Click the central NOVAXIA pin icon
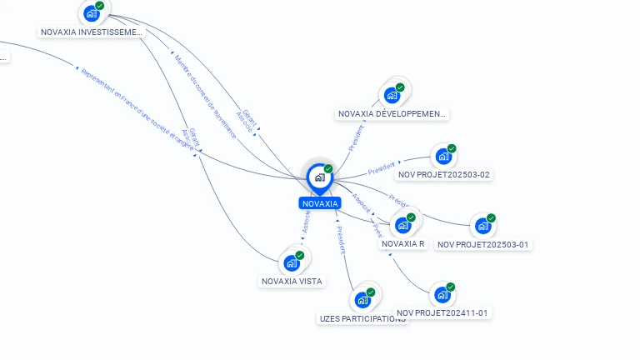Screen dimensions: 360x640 (x=319, y=177)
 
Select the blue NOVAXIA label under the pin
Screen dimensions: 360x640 (x=320, y=203)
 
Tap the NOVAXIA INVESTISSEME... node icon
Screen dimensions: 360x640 (x=91, y=13)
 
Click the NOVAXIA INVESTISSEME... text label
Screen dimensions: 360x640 (x=92, y=32)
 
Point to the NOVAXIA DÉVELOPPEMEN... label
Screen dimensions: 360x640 (x=392, y=113)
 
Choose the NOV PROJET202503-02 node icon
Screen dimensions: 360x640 (x=443, y=156)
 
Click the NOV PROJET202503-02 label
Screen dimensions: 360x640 (x=444, y=175)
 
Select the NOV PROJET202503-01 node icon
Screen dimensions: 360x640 (x=482, y=226)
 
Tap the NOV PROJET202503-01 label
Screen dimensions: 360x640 (x=483, y=245)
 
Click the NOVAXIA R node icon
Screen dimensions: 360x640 (x=403, y=225)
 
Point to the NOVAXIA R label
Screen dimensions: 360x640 (x=403, y=244)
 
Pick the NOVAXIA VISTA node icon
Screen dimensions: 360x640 (x=292, y=262)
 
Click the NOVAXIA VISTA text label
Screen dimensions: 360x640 (x=292, y=282)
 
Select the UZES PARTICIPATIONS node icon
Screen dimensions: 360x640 (x=362, y=300)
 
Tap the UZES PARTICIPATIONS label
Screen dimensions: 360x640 (x=363, y=318)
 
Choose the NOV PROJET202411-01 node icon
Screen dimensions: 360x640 (x=442, y=295)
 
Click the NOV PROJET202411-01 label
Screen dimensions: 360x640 (x=442, y=313)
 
